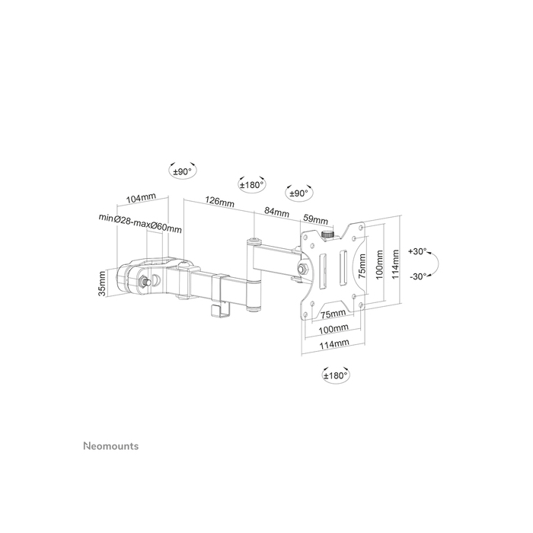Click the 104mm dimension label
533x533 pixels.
point(140,198)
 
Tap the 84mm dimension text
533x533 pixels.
point(276,212)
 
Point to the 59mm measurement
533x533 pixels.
point(315,219)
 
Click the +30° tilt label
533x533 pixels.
point(418,251)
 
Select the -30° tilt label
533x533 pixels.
point(418,276)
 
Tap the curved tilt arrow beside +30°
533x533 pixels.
point(437,263)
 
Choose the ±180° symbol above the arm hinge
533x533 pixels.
point(252,184)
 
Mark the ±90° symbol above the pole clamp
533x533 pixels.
point(181,173)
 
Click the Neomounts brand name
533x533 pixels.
point(110,446)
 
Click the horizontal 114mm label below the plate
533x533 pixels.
point(335,344)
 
